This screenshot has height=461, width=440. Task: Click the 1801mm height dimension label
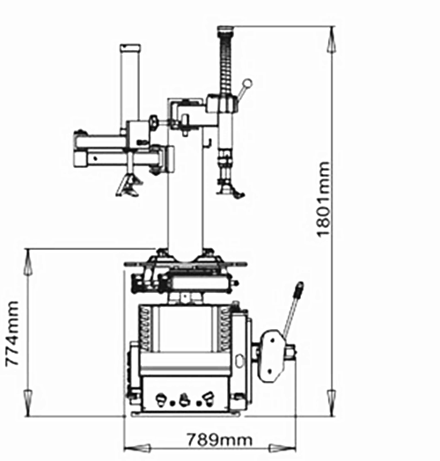[x=324, y=199]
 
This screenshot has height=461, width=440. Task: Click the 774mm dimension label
[x=12, y=333]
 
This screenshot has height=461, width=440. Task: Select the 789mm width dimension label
[x=219, y=440]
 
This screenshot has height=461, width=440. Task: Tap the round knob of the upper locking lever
[x=247, y=84]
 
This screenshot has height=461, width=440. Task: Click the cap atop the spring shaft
[x=225, y=29]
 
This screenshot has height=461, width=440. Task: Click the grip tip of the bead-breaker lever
[x=300, y=288]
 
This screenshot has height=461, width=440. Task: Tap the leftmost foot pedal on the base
[x=161, y=399]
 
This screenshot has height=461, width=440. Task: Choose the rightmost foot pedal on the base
[x=209, y=398]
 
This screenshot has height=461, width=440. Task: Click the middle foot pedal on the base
[x=185, y=399]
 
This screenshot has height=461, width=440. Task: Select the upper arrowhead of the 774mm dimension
[x=27, y=262]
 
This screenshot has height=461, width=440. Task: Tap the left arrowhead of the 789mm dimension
[x=136, y=449]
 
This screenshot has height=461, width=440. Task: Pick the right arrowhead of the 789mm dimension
[x=283, y=449]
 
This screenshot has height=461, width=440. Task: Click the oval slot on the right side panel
[x=240, y=361]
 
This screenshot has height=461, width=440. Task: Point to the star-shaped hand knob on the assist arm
[x=153, y=121]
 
